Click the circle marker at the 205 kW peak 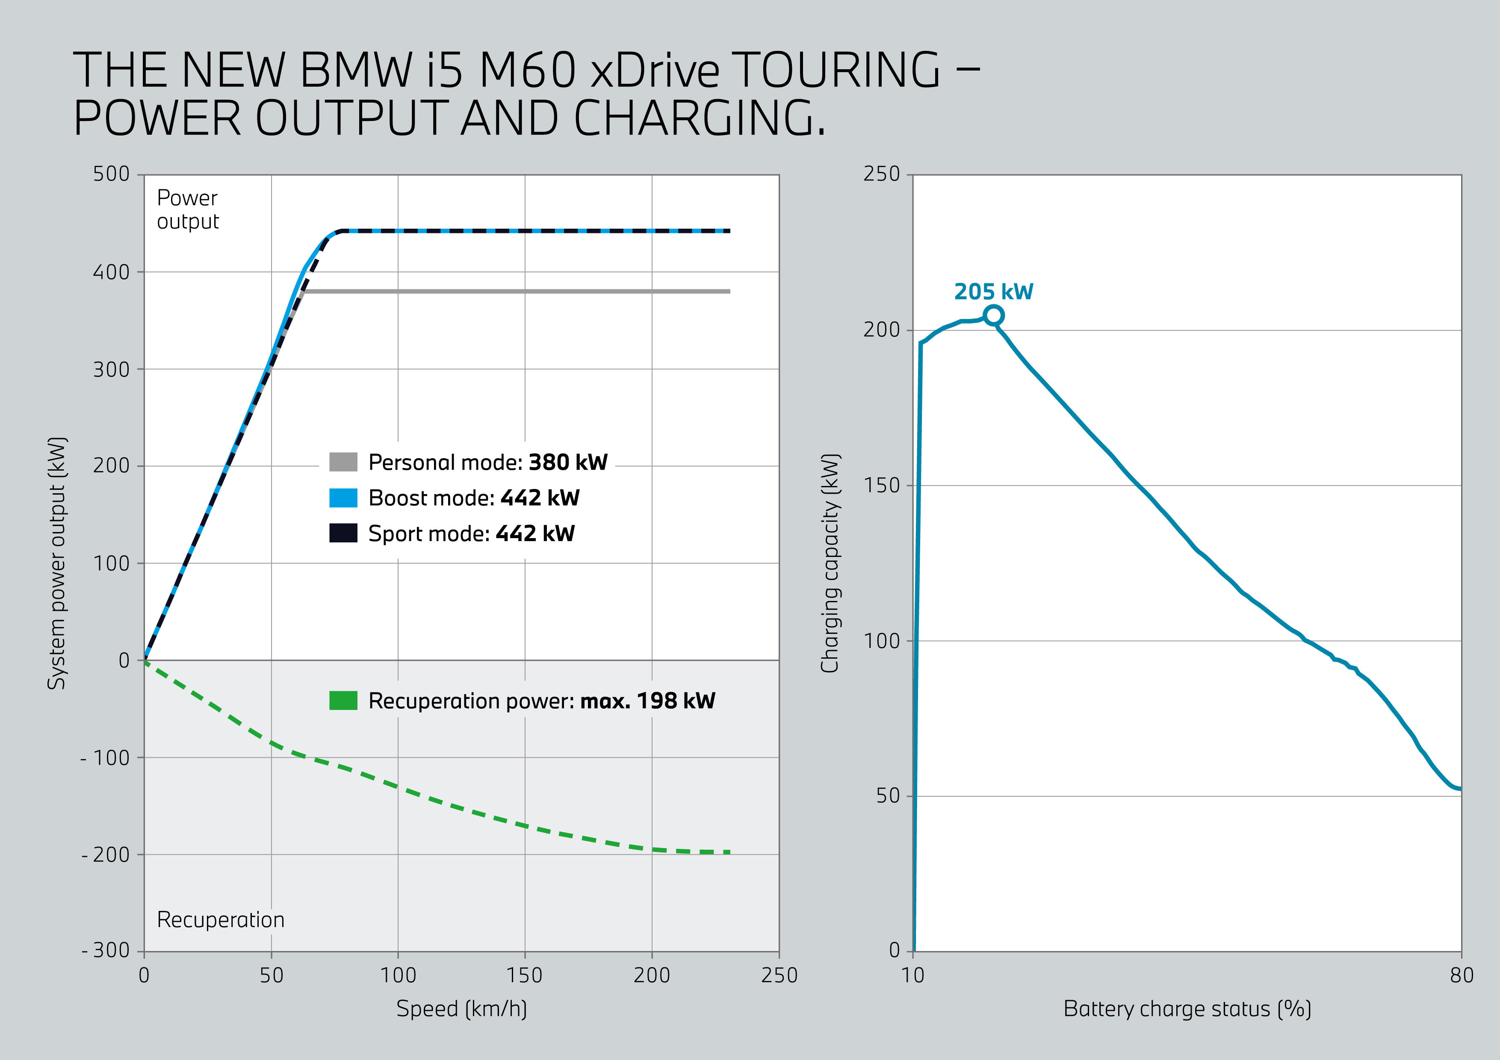(993, 315)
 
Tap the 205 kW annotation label (993, 291)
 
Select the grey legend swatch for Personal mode (343, 462)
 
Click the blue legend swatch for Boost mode (343, 498)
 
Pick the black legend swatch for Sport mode (343, 533)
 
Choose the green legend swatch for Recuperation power (343, 700)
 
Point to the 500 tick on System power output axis (111, 174)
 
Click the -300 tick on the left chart (106, 950)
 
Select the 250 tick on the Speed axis (779, 975)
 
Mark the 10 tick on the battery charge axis (912, 975)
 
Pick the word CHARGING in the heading (699, 118)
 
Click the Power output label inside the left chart (187, 209)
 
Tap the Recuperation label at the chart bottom (221, 919)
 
